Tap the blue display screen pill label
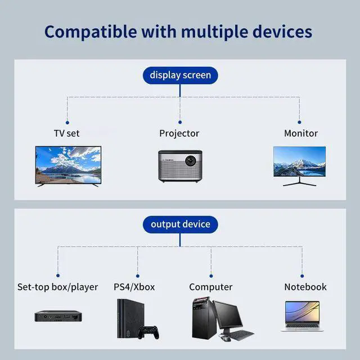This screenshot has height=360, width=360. (180, 75)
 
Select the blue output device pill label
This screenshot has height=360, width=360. (180, 224)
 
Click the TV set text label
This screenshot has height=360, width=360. (66, 133)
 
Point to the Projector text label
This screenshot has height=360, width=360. (179, 133)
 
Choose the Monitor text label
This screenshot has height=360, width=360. (300, 133)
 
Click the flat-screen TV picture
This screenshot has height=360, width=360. (68, 165)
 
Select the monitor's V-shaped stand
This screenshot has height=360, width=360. (299, 181)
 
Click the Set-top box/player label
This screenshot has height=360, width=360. (57, 287)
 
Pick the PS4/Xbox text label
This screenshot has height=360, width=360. (134, 287)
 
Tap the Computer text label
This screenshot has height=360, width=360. (210, 287)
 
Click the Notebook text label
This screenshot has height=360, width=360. (305, 287)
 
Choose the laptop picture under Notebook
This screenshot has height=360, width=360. (302, 315)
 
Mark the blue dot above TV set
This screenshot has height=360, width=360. (67, 122)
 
